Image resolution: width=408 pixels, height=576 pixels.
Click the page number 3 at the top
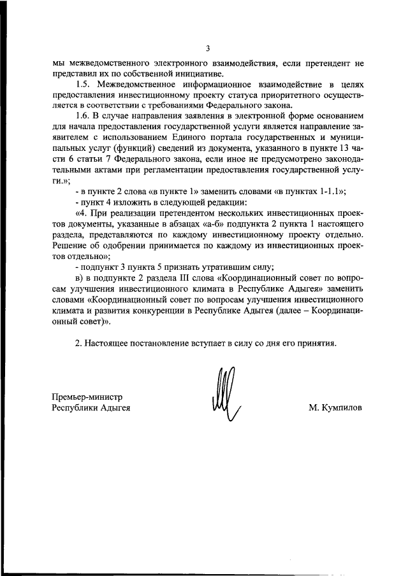tap(208, 49)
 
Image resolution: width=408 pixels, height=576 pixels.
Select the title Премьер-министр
tap(87, 397)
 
